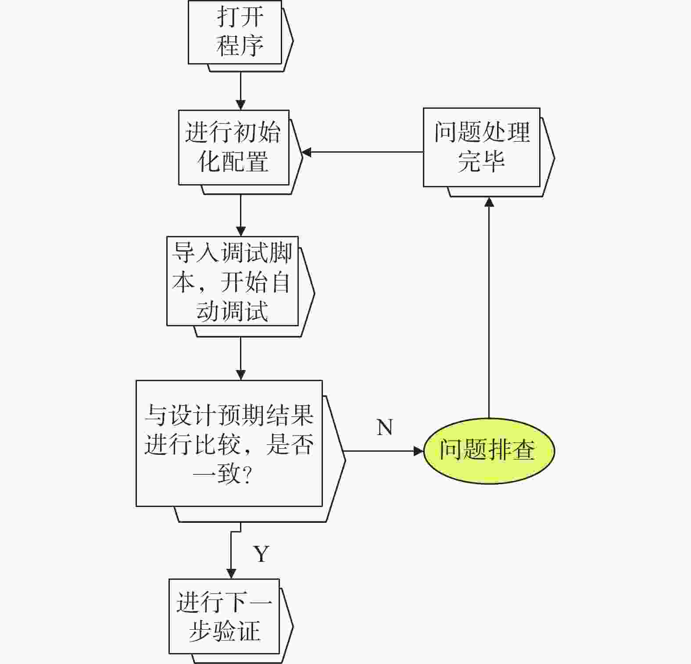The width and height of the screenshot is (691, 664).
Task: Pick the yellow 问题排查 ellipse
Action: coord(489,450)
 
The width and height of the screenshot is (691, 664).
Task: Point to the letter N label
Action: coord(385,427)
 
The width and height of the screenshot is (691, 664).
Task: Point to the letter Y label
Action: coord(261,554)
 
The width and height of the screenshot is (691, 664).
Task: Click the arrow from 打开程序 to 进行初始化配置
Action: coord(240,91)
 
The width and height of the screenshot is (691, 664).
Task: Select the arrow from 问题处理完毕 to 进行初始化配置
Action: coord(362,152)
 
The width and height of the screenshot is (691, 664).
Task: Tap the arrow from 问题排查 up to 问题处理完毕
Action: coord(489,307)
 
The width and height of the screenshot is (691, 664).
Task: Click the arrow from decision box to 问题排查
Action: coord(384,451)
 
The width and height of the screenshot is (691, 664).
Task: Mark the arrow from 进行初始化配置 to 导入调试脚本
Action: coord(240,216)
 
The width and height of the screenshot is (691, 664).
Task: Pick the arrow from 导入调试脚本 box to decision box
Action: coord(240,358)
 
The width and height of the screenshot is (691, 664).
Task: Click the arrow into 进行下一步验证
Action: coord(231,553)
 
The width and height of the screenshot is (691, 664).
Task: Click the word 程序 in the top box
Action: coord(240,45)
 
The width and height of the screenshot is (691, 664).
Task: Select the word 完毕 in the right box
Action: coord(481,161)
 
